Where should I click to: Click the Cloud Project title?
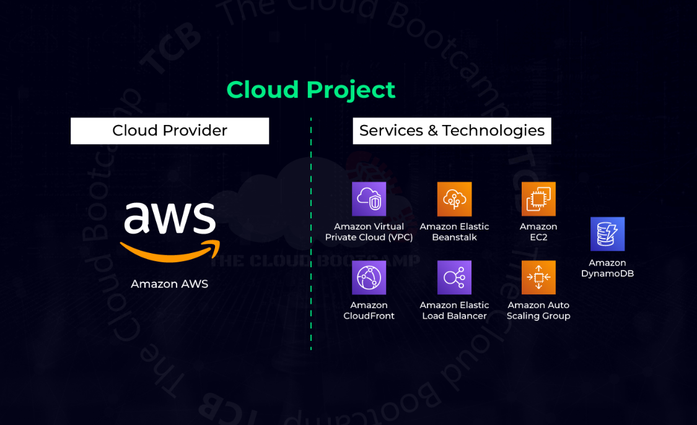[310, 90]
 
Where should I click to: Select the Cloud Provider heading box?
[170, 131]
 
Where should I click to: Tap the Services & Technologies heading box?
[452, 131]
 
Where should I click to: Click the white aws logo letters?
[169, 217]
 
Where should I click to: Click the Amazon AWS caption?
[169, 284]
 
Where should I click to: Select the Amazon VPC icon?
[369, 199]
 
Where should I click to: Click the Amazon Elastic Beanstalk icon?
[454, 199]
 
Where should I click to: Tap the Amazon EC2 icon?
[538, 199]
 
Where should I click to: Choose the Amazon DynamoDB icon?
[607, 234]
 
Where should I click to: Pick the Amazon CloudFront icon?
[369, 277]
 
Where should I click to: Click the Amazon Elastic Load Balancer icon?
[454, 277]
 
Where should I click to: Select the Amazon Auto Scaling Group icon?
[538, 277]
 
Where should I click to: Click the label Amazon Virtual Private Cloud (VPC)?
[369, 232]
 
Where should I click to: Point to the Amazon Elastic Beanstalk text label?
[454, 232]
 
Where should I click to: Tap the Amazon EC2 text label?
[538, 232]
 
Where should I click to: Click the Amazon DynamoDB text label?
[607, 268]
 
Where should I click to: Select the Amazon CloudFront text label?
[369, 311]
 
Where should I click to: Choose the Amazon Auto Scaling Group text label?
[538, 311]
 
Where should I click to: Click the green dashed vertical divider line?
[311, 235]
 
